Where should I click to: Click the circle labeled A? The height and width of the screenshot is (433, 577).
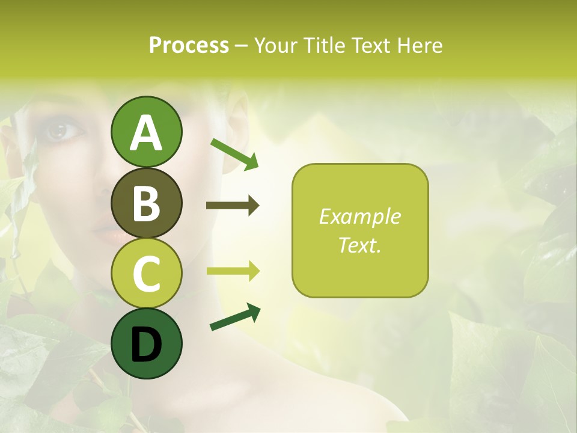point(146,132)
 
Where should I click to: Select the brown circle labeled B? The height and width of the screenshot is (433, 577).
point(146,203)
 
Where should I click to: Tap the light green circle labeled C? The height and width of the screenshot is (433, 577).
point(146,273)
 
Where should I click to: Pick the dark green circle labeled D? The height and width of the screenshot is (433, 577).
point(146,343)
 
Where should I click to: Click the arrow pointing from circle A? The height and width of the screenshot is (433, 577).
point(234,153)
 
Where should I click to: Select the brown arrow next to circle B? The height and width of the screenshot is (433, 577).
point(233,206)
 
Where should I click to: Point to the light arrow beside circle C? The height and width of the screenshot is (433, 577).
point(233,271)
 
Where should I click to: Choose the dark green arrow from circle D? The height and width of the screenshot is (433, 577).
point(235,317)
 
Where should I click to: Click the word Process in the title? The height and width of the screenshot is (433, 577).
point(189,45)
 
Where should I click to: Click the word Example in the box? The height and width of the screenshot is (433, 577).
point(359,216)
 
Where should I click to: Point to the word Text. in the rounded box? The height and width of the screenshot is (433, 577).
point(359,245)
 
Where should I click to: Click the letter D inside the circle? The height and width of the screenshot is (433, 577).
point(146,345)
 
